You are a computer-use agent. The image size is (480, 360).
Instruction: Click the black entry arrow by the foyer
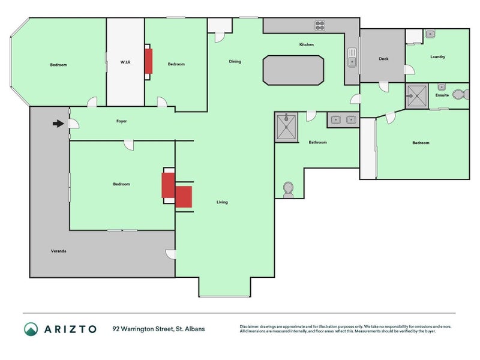click(58, 124)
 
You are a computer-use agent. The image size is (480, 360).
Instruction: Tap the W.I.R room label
click(125, 62)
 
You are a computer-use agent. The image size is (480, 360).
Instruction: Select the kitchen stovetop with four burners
click(320, 26)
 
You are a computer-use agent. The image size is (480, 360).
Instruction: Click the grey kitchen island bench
click(293, 70)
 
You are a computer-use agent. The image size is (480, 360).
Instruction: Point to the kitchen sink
click(352, 57)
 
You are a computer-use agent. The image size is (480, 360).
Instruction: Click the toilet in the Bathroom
click(288, 190)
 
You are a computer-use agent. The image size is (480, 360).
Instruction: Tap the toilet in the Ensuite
click(460, 95)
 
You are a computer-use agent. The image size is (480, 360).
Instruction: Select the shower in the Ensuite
click(417, 96)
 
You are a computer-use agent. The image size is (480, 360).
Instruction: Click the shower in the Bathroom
click(286, 127)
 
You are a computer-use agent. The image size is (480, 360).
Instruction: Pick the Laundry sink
click(430, 34)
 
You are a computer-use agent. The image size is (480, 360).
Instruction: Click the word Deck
click(383, 59)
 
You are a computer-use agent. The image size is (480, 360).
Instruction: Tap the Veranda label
click(58, 251)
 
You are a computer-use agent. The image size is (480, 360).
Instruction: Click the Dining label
click(235, 62)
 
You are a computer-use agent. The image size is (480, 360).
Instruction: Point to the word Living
click(222, 202)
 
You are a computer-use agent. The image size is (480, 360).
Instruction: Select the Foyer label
click(122, 121)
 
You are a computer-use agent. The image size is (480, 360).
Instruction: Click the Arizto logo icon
click(31, 329)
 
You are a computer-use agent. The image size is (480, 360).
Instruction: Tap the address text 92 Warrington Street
click(143, 329)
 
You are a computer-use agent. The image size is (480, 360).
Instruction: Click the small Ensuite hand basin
click(442, 87)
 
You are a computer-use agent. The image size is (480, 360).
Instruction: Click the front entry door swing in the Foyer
click(73, 124)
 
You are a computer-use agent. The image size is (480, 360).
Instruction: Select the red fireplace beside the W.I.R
click(148, 62)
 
